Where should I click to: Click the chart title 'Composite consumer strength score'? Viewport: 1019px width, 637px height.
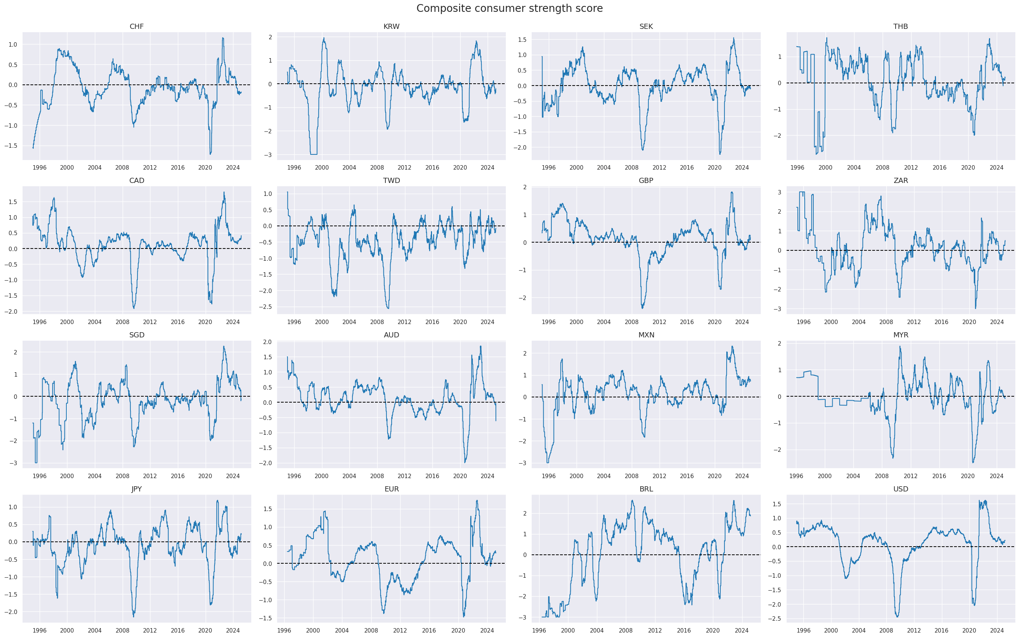[509, 9]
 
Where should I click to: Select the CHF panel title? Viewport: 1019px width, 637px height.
[136, 27]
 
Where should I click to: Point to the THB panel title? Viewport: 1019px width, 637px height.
[900, 27]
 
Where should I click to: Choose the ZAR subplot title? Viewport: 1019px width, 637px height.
[900, 181]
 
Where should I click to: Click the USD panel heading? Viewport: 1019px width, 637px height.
[900, 489]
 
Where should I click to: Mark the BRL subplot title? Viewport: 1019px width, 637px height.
[646, 489]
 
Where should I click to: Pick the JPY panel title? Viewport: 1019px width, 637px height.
[136, 489]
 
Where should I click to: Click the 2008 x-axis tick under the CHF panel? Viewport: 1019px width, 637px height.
[122, 168]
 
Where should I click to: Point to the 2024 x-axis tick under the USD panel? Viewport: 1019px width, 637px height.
[996, 631]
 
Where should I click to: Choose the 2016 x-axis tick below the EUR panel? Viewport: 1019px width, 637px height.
[429, 631]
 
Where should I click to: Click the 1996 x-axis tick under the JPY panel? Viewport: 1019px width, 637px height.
[40, 631]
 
